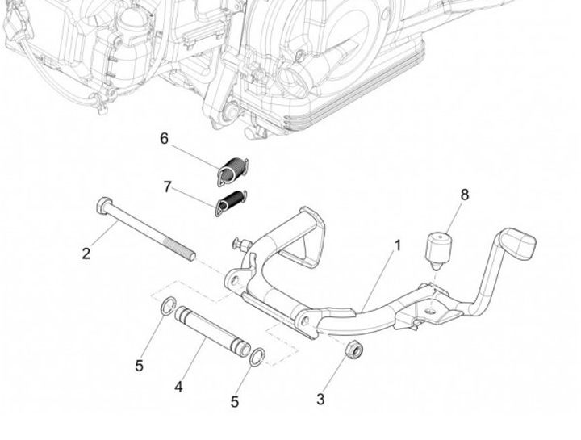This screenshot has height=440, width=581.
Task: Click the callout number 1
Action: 398,245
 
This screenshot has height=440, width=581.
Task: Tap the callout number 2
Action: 86,254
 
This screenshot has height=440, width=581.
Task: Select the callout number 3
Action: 321,399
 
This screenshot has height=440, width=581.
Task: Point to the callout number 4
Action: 178,387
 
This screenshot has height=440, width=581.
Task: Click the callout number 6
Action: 164,138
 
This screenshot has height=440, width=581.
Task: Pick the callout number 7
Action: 168,186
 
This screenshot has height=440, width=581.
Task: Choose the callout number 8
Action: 465,195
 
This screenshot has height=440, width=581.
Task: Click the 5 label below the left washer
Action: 139,366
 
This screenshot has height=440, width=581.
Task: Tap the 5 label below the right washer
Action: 235,402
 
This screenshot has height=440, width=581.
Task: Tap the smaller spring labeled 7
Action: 232,203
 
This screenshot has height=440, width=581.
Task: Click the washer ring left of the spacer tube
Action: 169,305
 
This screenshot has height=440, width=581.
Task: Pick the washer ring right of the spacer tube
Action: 257,357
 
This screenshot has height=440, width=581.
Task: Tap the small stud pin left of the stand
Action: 242,244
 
